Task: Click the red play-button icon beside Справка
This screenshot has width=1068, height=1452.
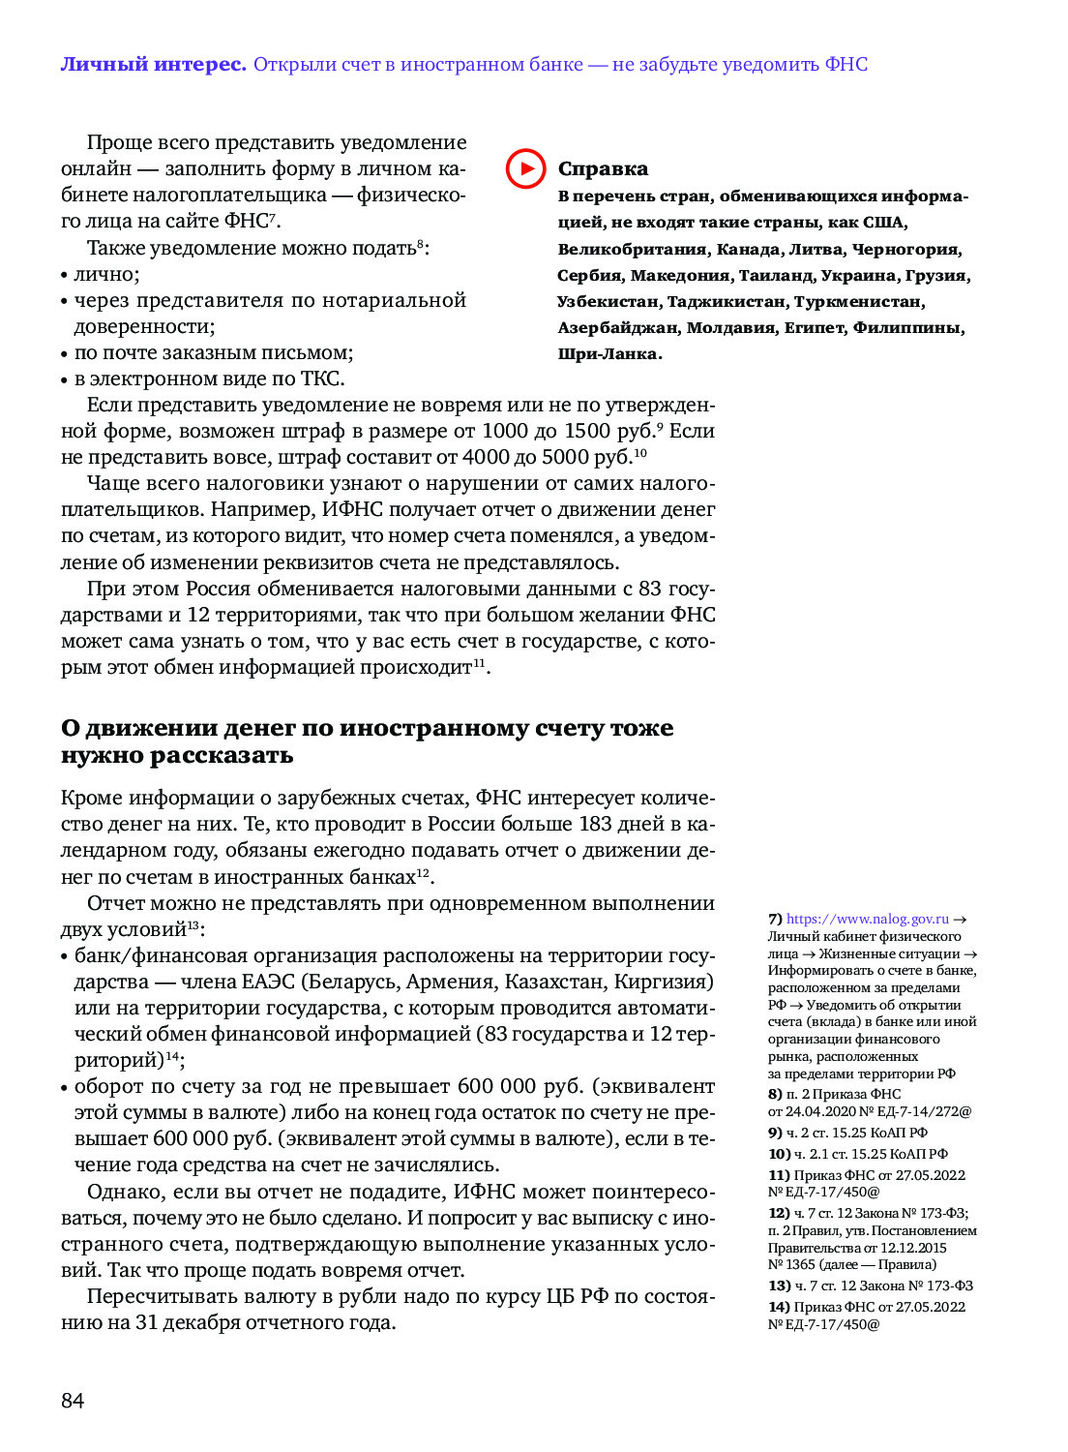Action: click(x=525, y=168)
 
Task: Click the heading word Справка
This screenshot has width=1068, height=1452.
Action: click(x=603, y=169)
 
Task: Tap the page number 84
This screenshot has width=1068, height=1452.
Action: click(x=73, y=1400)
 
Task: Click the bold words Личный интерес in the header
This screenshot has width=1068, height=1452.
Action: click(x=153, y=65)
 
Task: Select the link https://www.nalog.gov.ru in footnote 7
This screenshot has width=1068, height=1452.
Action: click(x=867, y=919)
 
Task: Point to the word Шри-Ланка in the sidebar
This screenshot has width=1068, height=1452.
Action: click(x=608, y=354)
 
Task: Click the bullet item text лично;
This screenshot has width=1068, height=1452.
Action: click(x=106, y=275)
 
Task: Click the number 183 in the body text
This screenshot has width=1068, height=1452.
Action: click(x=595, y=824)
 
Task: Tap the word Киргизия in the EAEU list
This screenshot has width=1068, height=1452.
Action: click(x=664, y=982)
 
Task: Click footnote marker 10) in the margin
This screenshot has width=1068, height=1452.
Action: click(x=780, y=1154)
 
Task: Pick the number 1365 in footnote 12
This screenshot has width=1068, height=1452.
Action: click(x=799, y=1264)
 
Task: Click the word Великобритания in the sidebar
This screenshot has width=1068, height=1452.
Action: click(x=633, y=250)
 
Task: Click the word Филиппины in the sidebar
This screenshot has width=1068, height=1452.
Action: click(x=907, y=328)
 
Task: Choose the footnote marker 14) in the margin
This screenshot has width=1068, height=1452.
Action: click(x=780, y=1307)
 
